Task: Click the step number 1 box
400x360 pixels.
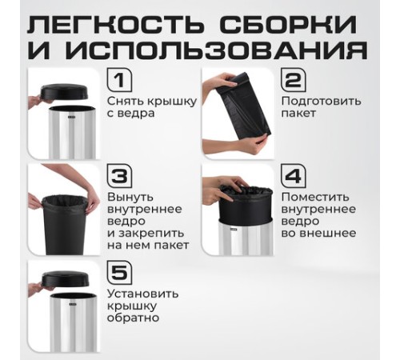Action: (x=119, y=81)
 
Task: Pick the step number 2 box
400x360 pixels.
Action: (x=293, y=81)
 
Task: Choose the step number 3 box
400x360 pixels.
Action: (x=119, y=176)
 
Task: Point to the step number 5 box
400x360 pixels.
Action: (x=119, y=273)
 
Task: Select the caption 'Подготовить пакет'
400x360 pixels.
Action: (x=320, y=107)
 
